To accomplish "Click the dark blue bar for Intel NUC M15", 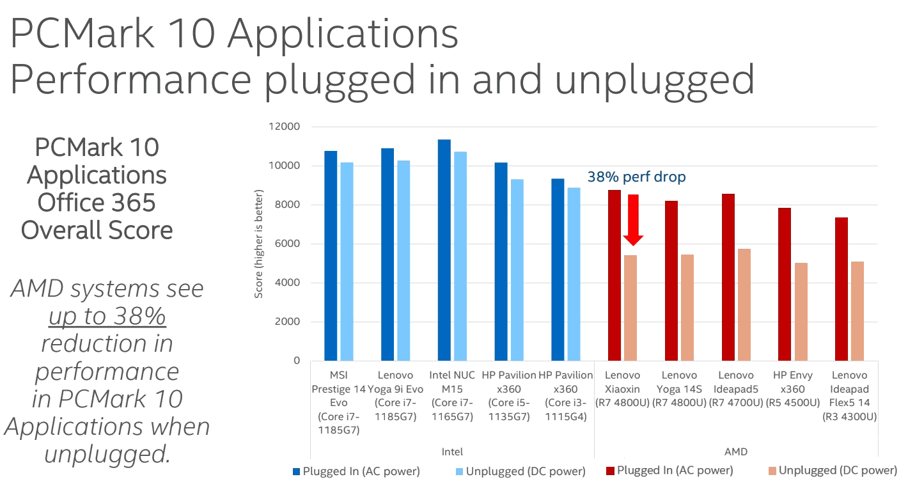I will click(x=444, y=249).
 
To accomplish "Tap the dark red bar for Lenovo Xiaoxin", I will click(x=614, y=275).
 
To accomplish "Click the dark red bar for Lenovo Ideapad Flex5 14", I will click(x=841, y=288).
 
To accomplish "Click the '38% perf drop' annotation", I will click(x=636, y=177).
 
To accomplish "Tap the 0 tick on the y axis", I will click(x=296, y=361).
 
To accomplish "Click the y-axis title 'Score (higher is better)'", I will click(x=259, y=244).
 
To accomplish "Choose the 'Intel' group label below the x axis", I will click(x=452, y=451).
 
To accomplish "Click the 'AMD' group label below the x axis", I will click(x=735, y=451).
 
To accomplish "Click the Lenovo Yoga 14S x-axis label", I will click(x=679, y=388).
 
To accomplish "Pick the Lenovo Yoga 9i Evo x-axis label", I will click(x=395, y=388).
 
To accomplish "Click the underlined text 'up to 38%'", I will click(x=107, y=317).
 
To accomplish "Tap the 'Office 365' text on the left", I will click(x=97, y=203).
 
